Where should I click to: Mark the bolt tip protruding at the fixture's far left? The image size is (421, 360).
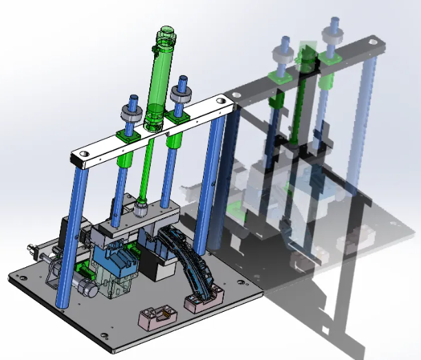30,248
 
